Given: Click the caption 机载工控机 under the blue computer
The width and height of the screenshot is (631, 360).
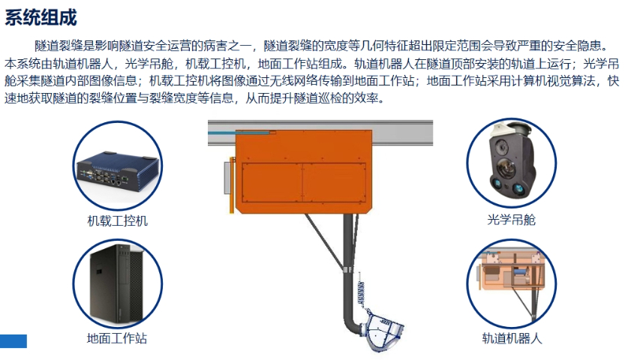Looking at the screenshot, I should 118,221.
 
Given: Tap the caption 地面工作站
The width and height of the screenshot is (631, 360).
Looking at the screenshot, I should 117,338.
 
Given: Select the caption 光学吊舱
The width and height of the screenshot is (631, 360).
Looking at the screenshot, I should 511,220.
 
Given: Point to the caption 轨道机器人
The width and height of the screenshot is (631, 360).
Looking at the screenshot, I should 512,338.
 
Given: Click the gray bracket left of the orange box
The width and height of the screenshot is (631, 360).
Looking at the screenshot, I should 226,178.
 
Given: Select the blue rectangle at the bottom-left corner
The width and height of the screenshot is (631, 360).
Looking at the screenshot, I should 14,341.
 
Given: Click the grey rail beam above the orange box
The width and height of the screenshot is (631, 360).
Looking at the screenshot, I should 420,127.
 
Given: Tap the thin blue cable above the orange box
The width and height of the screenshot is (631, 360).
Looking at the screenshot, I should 225,133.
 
